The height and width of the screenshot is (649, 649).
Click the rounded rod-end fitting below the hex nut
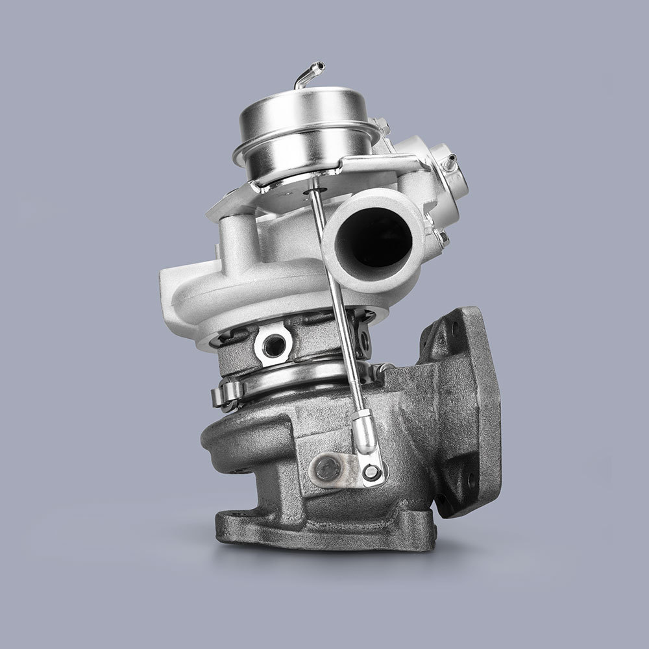364,432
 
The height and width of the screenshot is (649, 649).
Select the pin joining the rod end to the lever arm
371,472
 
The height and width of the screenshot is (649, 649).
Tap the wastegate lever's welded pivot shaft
328,465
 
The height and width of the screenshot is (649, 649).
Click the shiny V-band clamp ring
292,383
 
